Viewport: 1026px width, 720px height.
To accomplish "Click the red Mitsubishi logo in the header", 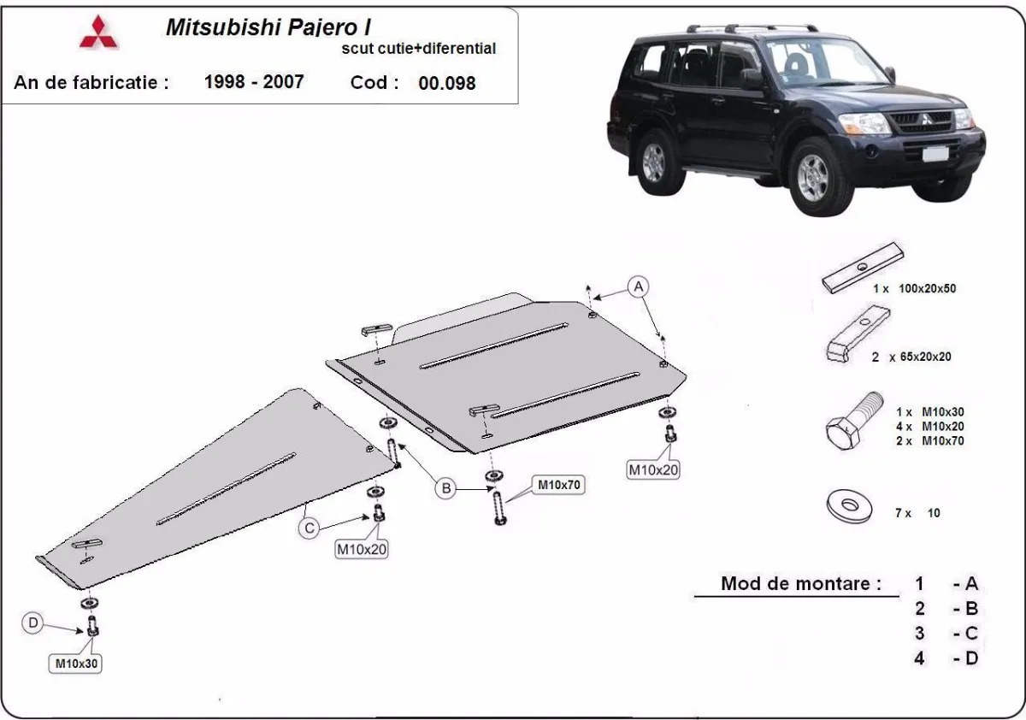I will (x=99, y=32).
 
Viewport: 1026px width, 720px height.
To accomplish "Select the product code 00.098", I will (x=447, y=84).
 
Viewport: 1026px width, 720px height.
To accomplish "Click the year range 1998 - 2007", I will (x=254, y=82).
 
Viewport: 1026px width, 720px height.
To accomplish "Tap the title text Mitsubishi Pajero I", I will (x=268, y=27).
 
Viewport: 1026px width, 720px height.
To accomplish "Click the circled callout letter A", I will (x=638, y=286).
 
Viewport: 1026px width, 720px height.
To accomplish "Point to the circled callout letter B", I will (x=445, y=488).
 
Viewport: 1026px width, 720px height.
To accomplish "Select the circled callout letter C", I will (x=310, y=528).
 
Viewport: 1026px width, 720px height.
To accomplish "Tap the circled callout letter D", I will (x=33, y=623).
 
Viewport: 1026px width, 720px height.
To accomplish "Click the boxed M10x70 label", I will (x=559, y=485).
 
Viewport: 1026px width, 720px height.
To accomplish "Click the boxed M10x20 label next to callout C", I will (x=362, y=550).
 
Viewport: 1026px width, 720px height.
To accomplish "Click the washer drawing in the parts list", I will (x=849, y=506).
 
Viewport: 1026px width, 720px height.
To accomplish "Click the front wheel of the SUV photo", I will (x=811, y=176).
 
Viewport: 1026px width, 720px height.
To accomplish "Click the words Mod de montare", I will (x=801, y=584).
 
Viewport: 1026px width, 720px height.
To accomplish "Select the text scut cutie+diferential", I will (x=418, y=49).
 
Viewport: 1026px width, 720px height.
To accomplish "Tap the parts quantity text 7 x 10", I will (x=917, y=513).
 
